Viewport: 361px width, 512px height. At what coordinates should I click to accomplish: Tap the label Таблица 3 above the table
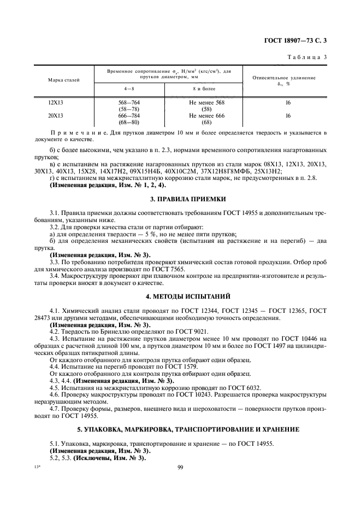(x=307, y=56)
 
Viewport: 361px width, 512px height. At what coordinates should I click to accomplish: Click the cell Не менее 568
(x=206, y=102)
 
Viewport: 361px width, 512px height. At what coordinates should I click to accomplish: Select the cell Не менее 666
(x=206, y=116)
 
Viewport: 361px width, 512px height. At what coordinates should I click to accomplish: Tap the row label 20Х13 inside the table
(x=56, y=116)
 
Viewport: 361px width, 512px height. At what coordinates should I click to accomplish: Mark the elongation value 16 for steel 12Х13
(x=287, y=102)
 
